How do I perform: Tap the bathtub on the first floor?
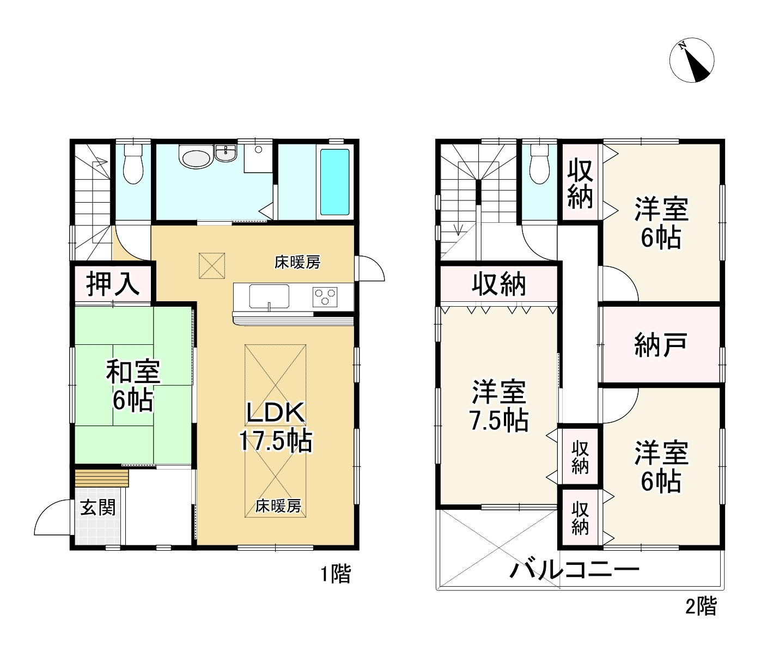tap(334, 182)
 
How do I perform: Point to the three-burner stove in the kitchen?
tap(325, 297)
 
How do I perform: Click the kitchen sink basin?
tap(269, 296)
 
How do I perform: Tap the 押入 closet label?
tap(113, 284)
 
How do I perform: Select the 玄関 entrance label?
tap(98, 508)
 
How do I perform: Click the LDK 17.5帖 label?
tap(276, 427)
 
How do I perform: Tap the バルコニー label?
tap(574, 570)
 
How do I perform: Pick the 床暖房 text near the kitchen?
tap(297, 262)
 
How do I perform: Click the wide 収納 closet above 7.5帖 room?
tap(499, 284)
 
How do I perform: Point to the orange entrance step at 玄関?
tap(102, 478)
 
